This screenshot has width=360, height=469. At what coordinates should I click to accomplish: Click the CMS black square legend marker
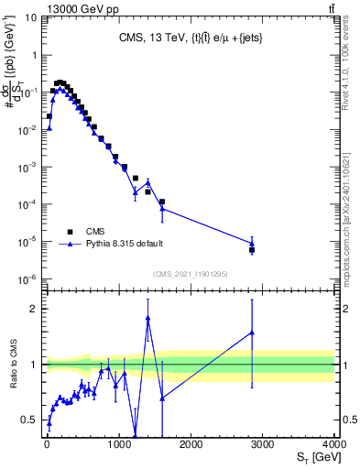tap(70, 232)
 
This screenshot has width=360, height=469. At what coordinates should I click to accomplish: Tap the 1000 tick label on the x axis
tap(119, 444)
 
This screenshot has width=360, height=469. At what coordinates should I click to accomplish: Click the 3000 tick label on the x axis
tap(263, 444)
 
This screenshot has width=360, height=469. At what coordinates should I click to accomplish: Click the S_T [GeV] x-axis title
tap(314, 457)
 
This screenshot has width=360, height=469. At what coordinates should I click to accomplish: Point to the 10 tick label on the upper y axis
tap(30, 17)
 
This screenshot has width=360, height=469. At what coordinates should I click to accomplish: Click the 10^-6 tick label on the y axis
tap(27, 279)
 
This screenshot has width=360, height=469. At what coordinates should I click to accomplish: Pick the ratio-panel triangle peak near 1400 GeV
tap(147, 318)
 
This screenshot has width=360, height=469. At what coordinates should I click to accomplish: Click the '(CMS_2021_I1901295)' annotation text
tap(190, 274)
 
